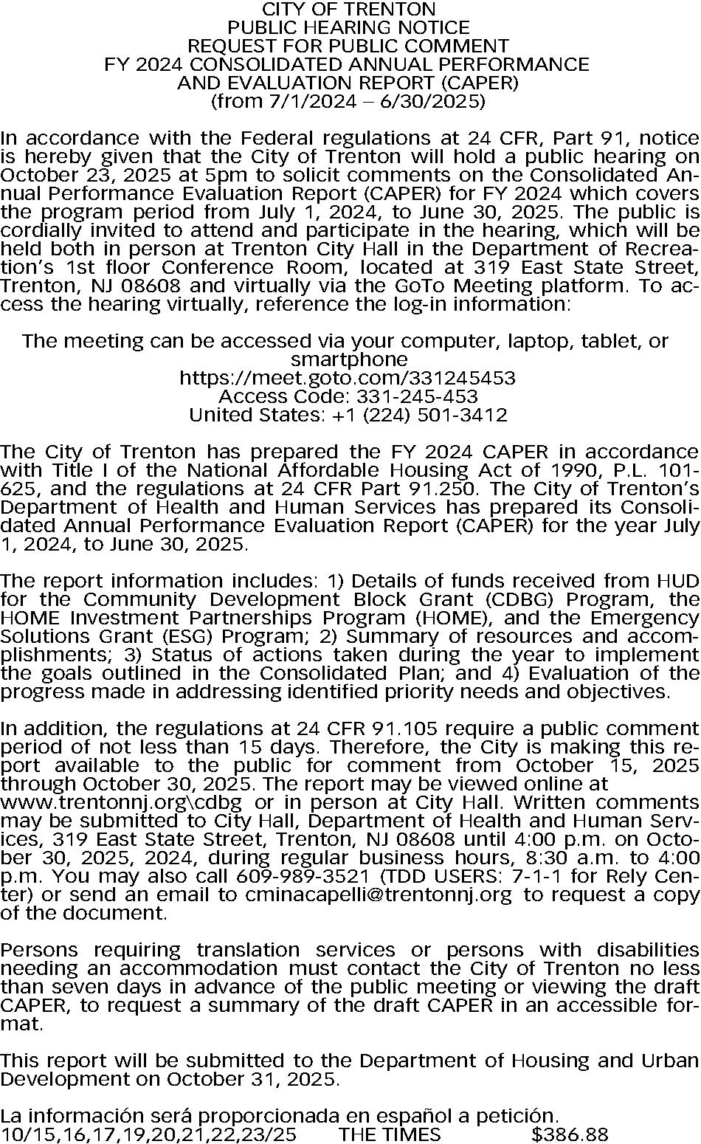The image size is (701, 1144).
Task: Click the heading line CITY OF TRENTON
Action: tap(349, 10)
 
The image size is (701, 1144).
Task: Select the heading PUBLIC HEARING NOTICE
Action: tap(349, 28)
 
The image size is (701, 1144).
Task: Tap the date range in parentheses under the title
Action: tap(349, 101)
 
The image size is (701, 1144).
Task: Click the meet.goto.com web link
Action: tap(348, 379)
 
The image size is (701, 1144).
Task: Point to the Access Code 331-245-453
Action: tap(348, 397)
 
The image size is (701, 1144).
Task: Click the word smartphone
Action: tap(349, 360)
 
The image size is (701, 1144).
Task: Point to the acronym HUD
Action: tap(677, 582)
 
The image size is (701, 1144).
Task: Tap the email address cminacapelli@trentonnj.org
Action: tap(376, 895)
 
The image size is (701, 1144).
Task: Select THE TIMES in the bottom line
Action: tap(390, 1134)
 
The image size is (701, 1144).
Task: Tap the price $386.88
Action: tap(570, 1134)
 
